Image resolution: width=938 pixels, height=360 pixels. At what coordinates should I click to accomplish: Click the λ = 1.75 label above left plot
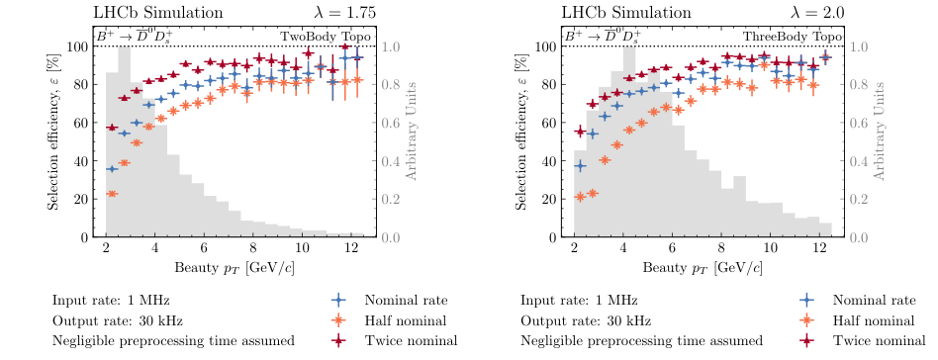pos(331,13)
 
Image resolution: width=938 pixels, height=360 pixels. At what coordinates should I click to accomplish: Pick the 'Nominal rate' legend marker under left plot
pos(339,300)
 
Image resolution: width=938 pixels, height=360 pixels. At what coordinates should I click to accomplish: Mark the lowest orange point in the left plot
pos(113,194)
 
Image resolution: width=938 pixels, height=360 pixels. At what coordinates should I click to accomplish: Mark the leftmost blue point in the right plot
pos(581,166)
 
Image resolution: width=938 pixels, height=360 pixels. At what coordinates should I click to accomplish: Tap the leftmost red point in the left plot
pos(113,128)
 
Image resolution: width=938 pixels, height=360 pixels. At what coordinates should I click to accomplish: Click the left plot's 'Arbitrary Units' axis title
pos(413,142)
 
